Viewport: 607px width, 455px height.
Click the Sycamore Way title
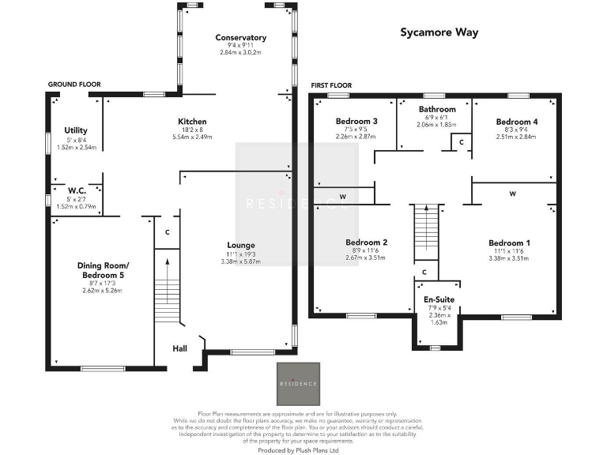(439, 33)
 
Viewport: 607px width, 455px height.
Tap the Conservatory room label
(241, 38)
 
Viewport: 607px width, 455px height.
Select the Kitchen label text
(192, 122)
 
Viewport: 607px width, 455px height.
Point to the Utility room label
(76, 130)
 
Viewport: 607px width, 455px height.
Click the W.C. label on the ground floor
(77, 190)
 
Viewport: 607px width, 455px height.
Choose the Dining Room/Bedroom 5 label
(104, 270)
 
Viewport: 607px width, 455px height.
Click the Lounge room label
(243, 245)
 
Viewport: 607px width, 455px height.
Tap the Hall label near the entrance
(180, 347)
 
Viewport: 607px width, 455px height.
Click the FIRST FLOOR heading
(331, 85)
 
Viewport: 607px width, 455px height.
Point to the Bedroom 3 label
(356, 122)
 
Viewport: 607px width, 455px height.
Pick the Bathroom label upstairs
(437, 109)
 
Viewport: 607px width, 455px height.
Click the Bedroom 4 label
(517, 122)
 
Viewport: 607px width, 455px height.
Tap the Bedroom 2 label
(366, 243)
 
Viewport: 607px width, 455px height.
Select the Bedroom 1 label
(509, 243)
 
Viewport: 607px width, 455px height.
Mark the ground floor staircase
(165, 289)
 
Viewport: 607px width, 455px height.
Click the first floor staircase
(427, 230)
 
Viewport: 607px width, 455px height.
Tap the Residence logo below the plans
(298, 384)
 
